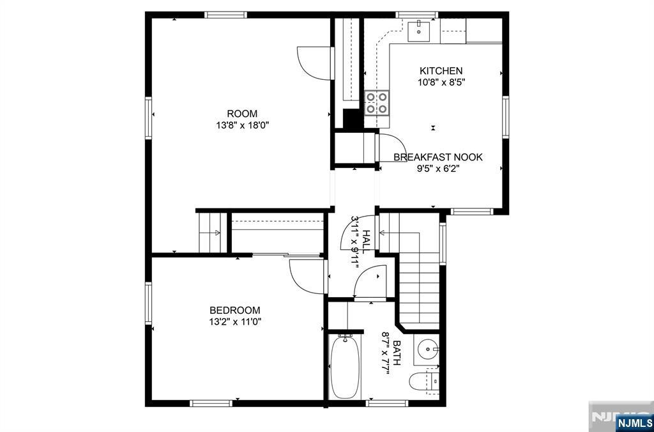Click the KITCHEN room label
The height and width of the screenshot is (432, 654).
tap(441, 70)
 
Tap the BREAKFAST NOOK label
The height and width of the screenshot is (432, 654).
tap(438, 157)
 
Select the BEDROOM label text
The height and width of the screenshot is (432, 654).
tap(235, 311)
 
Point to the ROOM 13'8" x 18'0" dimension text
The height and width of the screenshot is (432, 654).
tap(242, 125)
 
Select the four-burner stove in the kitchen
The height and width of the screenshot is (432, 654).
tap(377, 103)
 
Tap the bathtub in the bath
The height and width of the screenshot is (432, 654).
tap(345, 366)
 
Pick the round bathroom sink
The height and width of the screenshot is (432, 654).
tap(427, 348)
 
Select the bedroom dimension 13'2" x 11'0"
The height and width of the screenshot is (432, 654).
tap(235, 322)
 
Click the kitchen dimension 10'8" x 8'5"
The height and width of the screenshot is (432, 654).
tap(441, 82)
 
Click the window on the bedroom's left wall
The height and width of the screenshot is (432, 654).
tap(148, 303)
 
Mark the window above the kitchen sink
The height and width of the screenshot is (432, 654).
tap(416, 15)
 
